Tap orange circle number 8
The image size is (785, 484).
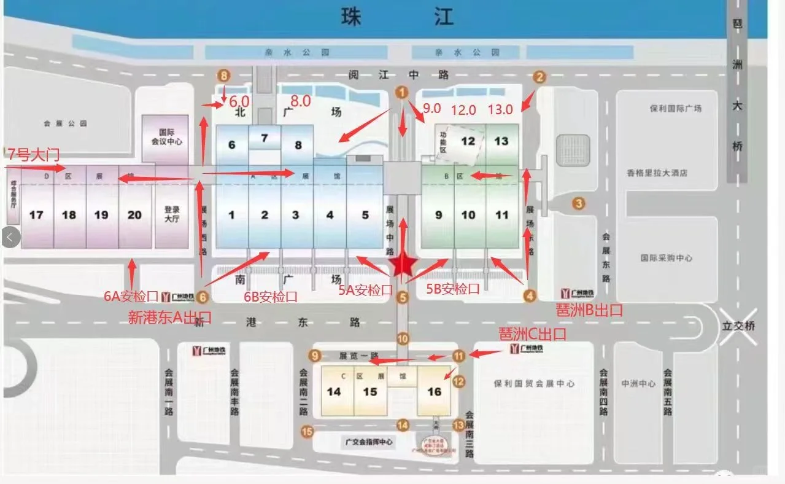(224, 76)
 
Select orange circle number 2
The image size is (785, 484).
(539, 77)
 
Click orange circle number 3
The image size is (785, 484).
(578, 203)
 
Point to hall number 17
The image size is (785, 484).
(36, 215)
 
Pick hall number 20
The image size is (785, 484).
(134, 215)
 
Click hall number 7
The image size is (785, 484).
(265, 138)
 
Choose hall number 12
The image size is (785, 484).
(468, 141)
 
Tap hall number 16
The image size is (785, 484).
(435, 391)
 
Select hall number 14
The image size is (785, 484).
(334, 391)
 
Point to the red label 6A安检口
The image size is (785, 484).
(131, 297)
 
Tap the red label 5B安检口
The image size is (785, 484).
(453, 288)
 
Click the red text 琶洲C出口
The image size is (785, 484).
(533, 335)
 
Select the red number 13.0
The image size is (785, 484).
(500, 110)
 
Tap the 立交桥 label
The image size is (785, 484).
(739, 326)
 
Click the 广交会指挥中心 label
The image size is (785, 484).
(368, 442)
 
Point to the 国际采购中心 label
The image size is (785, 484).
(666, 258)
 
